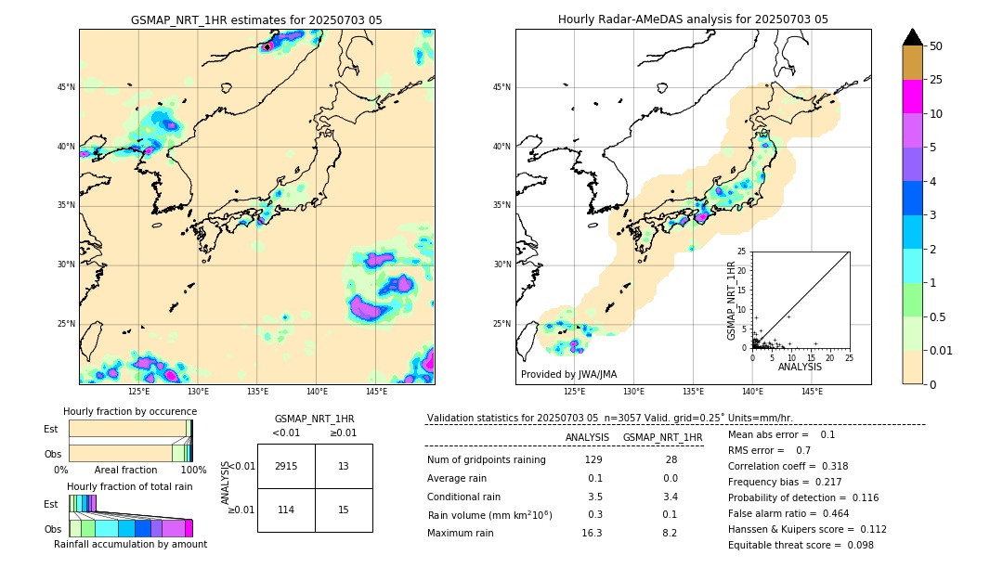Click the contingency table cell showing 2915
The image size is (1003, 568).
point(286,466)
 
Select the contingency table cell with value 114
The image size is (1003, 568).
point(286,510)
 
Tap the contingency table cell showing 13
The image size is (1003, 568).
point(344,466)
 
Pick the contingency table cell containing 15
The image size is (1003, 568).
point(344,510)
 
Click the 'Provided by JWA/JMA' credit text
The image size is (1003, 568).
point(568,374)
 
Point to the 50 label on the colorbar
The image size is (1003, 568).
point(936,45)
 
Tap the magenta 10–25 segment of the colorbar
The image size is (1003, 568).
point(912,97)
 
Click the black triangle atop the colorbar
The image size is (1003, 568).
point(912,37)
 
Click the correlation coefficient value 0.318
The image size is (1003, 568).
point(802,466)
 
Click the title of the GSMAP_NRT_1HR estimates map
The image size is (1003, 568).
point(256,19)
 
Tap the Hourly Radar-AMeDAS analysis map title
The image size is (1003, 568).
point(693,19)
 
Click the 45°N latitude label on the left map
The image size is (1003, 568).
point(66,87)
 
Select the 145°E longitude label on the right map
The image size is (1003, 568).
point(812,392)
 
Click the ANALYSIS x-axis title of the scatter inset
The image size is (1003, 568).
point(800,367)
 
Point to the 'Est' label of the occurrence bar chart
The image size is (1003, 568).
point(51,429)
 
